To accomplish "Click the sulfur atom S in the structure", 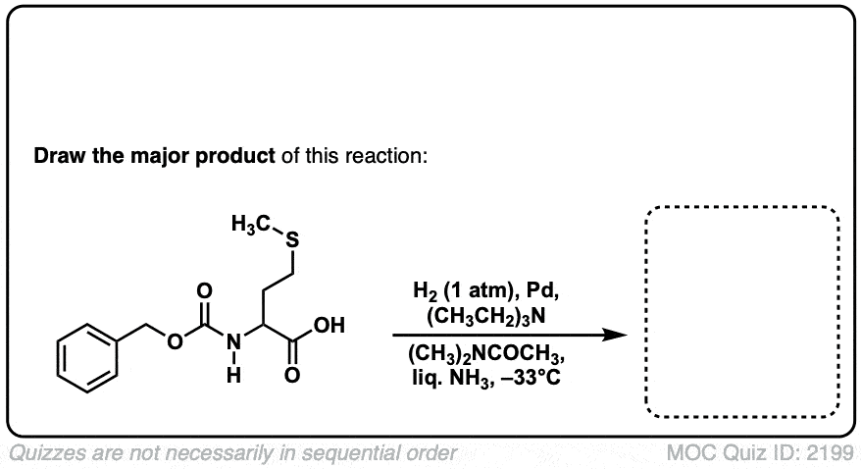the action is point(292,240).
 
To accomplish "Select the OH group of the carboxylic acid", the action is point(329,325).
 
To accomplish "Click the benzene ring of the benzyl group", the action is point(87,358).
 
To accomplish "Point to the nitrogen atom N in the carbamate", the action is point(234,342).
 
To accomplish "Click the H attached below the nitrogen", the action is point(234,375).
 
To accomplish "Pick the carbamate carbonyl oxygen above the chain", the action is point(204,291).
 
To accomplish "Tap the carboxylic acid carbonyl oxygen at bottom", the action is point(292,375).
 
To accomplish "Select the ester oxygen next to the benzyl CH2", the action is point(175,342).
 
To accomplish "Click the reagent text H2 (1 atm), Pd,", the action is point(486,291).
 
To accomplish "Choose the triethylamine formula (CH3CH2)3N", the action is point(486,317).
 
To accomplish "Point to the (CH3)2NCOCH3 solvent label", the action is point(486,354).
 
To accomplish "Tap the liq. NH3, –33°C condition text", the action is point(486,379).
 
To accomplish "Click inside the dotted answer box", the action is point(742,312).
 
